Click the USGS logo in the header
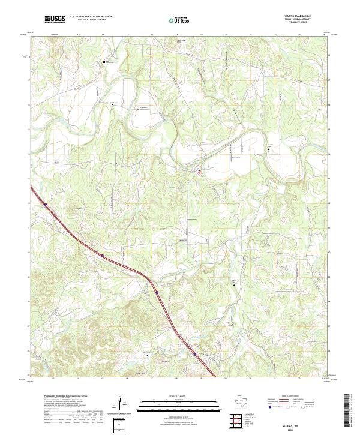point(54,19)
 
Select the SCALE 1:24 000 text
point(180,397)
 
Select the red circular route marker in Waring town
point(199,172)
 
